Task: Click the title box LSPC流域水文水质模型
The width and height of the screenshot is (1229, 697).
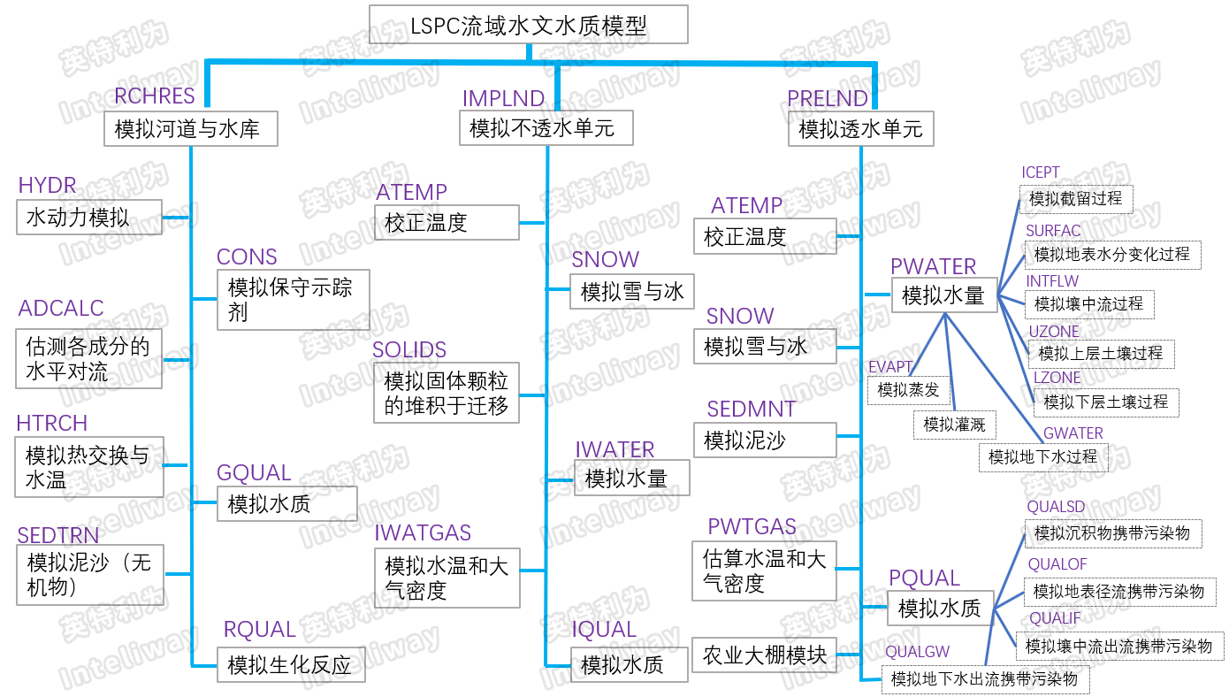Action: [528, 25]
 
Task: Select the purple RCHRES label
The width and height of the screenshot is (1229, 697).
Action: [155, 96]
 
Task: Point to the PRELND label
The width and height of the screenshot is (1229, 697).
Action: [828, 98]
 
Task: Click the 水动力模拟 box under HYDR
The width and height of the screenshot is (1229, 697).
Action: [89, 217]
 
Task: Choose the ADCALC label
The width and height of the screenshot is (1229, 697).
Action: [61, 309]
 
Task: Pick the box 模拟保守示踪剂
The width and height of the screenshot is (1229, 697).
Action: [293, 300]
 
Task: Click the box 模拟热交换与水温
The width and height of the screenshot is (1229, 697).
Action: [89, 468]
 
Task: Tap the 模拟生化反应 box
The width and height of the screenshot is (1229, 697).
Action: [291, 664]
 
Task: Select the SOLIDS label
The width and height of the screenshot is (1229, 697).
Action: [409, 349]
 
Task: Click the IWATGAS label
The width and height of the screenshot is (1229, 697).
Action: [423, 532]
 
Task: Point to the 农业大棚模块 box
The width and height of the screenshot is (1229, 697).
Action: [765, 655]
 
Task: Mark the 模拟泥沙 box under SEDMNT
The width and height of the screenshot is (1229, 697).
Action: [765, 440]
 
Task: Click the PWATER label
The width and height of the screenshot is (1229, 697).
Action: [933, 266]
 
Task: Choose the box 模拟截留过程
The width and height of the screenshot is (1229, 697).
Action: [1076, 198]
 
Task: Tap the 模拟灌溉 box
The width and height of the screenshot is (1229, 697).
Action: [954, 425]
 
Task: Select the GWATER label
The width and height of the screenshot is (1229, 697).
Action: [1073, 433]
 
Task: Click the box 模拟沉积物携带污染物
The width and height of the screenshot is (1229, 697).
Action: [1112, 533]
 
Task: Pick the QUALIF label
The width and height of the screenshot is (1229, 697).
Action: [1054, 618]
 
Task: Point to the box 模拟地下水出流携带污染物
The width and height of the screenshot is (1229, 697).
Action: [985, 679]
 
